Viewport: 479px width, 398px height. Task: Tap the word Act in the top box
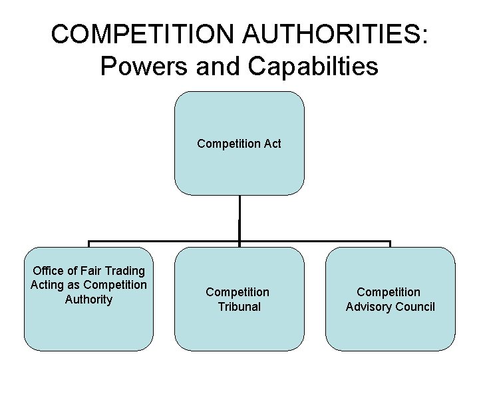click(x=272, y=143)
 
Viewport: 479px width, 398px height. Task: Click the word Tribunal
click(x=239, y=307)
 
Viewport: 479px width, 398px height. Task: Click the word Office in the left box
click(x=49, y=271)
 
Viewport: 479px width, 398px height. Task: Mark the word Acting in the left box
click(x=46, y=285)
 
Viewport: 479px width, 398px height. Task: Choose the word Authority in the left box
click(x=88, y=299)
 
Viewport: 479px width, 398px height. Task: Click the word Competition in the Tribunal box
click(x=238, y=292)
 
